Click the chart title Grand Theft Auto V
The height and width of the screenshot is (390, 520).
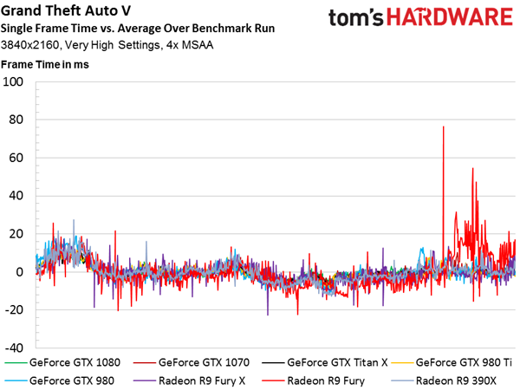(x=66, y=10)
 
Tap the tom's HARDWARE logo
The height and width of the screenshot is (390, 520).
(x=420, y=17)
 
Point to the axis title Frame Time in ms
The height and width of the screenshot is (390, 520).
(x=45, y=64)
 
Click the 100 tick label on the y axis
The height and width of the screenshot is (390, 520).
(x=13, y=81)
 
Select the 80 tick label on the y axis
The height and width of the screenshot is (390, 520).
(x=16, y=120)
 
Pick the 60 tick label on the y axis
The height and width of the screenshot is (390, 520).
(x=16, y=158)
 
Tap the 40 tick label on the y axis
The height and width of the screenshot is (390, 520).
(x=16, y=195)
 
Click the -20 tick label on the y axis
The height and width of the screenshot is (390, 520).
(x=14, y=309)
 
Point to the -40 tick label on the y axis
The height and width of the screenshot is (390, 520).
(x=14, y=348)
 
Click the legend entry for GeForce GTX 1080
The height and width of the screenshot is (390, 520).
(x=62, y=362)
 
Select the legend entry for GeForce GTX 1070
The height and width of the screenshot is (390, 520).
(x=192, y=362)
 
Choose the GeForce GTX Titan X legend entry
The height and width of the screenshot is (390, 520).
(x=325, y=362)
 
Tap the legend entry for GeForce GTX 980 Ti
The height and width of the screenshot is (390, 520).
(x=452, y=362)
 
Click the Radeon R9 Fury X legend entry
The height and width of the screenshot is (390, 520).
(x=189, y=380)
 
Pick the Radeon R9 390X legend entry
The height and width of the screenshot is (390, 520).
(x=444, y=380)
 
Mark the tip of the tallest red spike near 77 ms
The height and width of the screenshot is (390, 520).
(x=444, y=127)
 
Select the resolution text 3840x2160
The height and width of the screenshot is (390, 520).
(x=29, y=45)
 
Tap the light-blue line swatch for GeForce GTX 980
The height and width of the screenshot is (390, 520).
(x=16, y=381)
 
